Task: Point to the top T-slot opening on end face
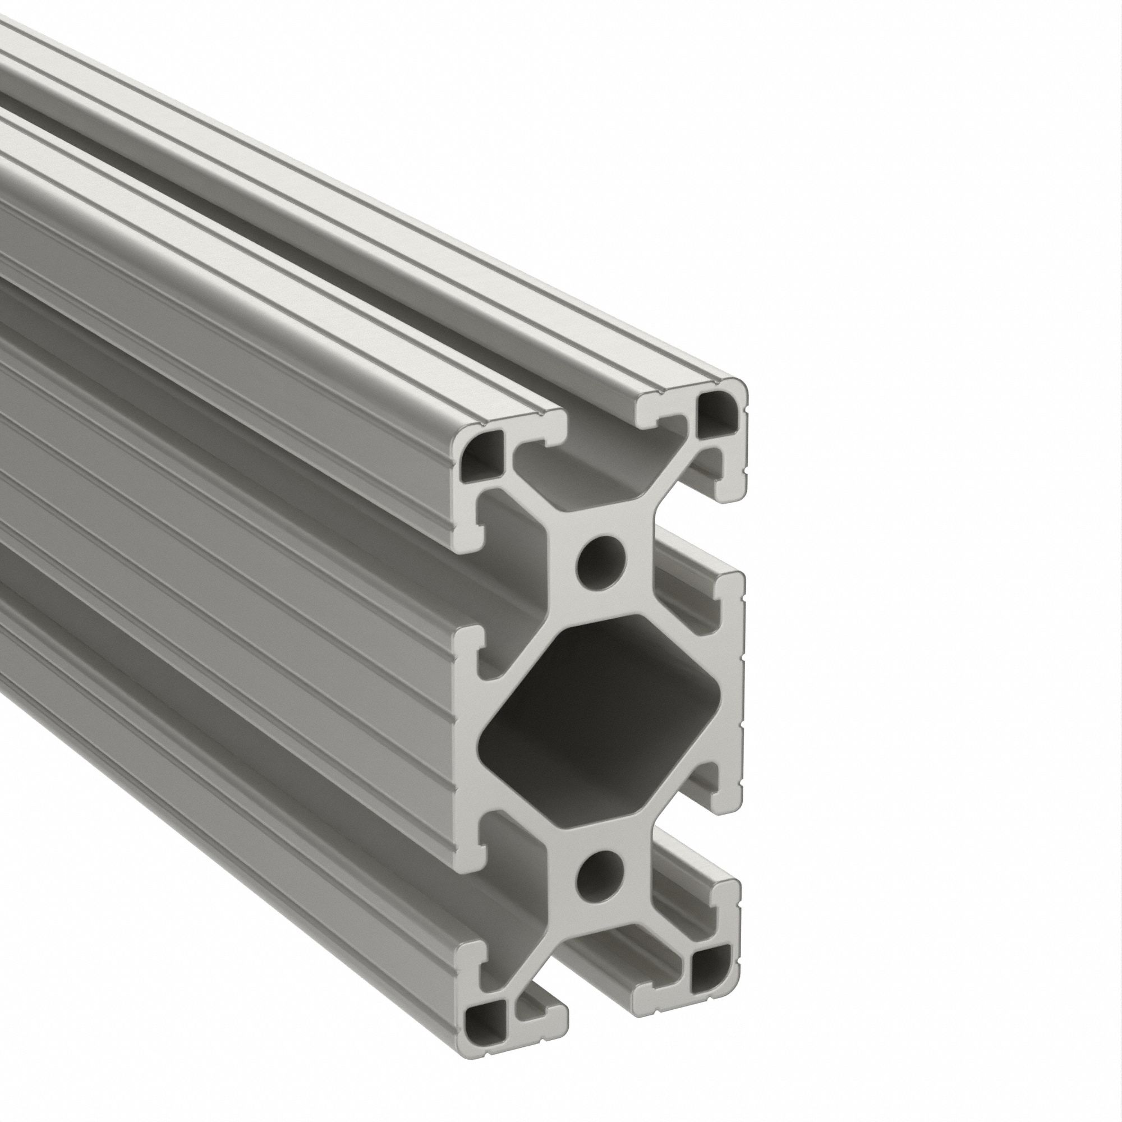coord(601,430)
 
